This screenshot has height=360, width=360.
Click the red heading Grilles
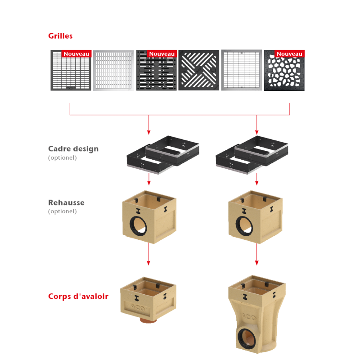pyautogui.click(x=60, y=35)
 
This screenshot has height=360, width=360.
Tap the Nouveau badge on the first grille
pyautogui.click(x=76, y=54)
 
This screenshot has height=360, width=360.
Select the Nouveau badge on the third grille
pyautogui.click(x=162, y=54)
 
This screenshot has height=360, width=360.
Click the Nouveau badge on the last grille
pyautogui.click(x=289, y=54)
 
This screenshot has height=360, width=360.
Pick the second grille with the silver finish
pyautogui.click(x=113, y=70)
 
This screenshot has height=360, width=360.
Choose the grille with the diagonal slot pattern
pyautogui.click(x=198, y=70)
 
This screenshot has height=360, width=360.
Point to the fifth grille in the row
pyautogui.click(x=241, y=70)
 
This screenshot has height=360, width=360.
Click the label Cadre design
pyautogui.click(x=73, y=148)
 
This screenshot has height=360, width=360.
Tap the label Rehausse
pyautogui.click(x=66, y=202)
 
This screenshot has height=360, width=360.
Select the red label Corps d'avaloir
pyautogui.click(x=78, y=297)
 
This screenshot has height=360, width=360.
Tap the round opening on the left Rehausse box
pyautogui.click(x=139, y=225)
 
